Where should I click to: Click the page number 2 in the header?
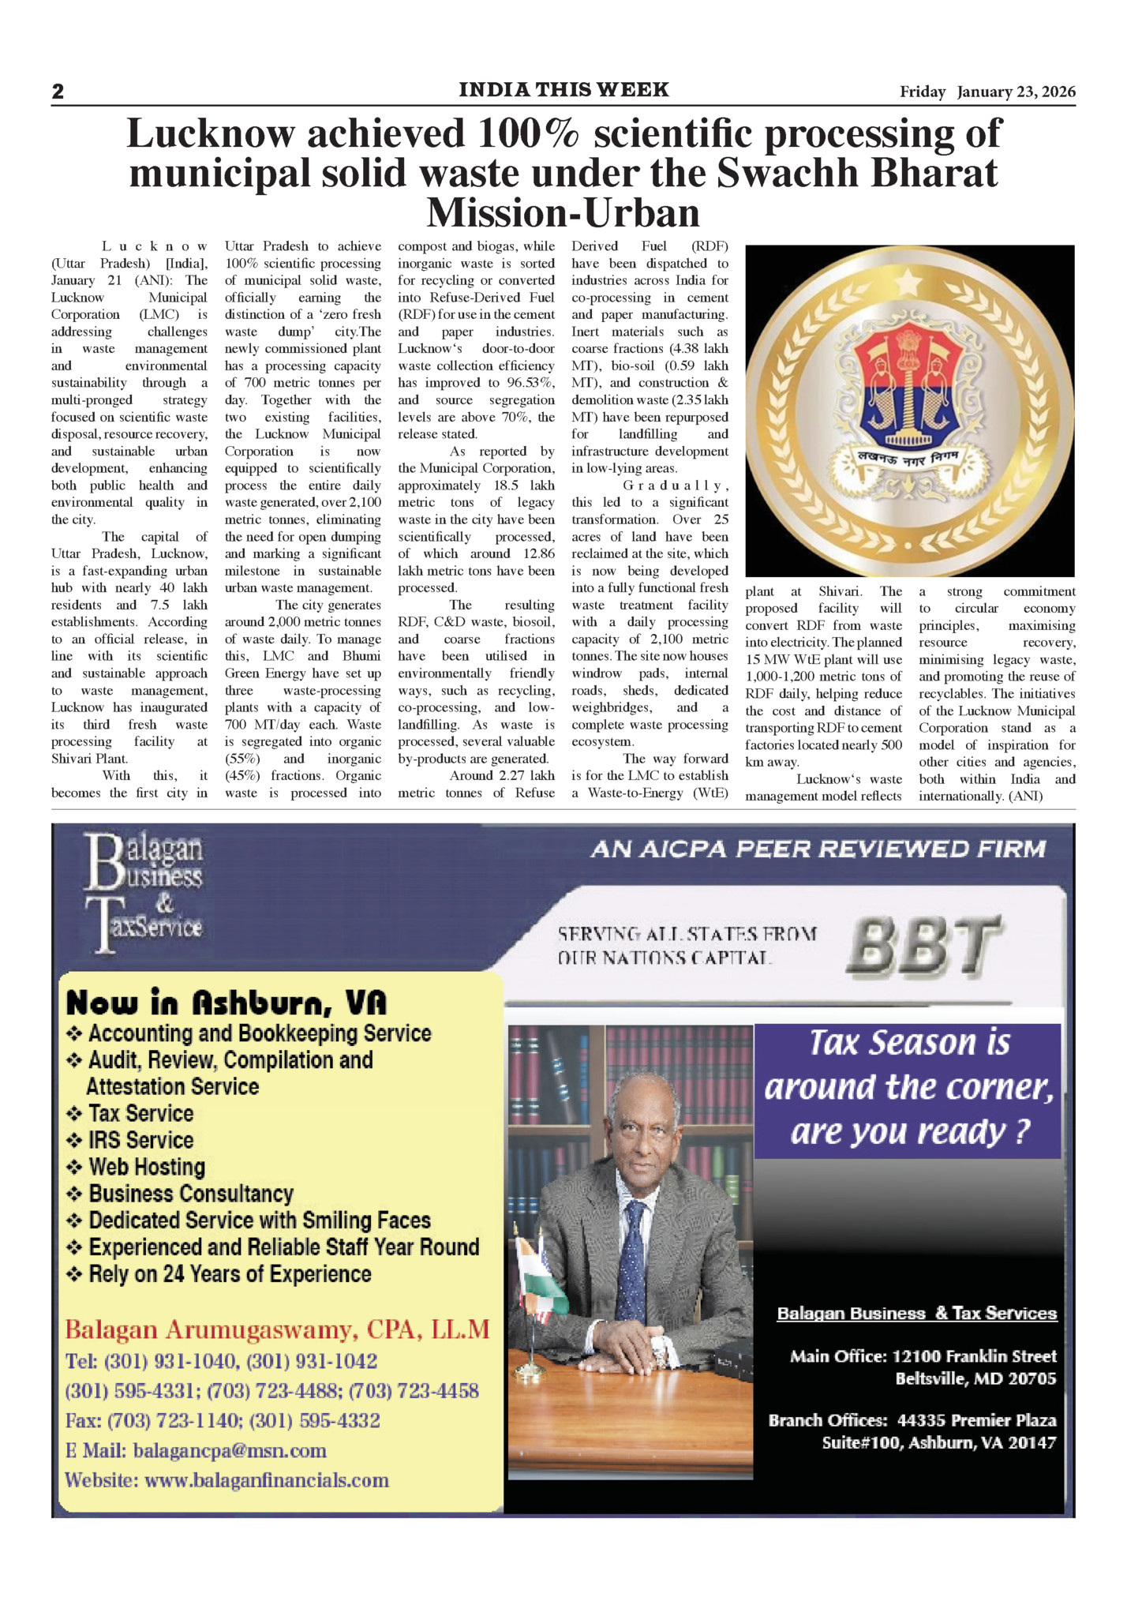click(58, 92)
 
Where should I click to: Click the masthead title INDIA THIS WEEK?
click(563, 90)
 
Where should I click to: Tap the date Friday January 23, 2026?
click(987, 92)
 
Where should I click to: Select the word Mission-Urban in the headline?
click(563, 212)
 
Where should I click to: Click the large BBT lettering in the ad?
click(923, 945)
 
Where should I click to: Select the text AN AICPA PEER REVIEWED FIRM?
click(818, 849)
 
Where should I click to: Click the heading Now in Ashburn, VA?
click(227, 1003)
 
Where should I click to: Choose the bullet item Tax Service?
click(140, 1113)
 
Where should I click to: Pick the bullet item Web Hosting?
click(147, 1167)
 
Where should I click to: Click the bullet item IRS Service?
click(140, 1140)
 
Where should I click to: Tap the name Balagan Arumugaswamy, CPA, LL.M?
click(277, 1330)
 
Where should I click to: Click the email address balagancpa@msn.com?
click(230, 1450)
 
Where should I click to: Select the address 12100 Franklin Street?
click(974, 1356)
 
